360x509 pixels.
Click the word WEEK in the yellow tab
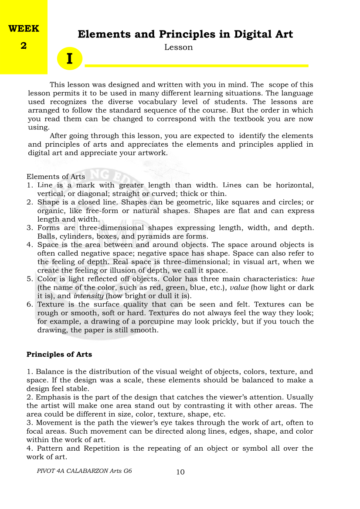24,29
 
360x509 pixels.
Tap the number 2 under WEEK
24,45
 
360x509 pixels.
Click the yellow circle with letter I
70,59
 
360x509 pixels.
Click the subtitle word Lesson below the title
178,47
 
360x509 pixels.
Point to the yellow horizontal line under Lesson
196,66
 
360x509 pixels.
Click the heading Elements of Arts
56,177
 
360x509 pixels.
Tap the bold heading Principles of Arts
59,354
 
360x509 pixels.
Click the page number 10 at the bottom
180,472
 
